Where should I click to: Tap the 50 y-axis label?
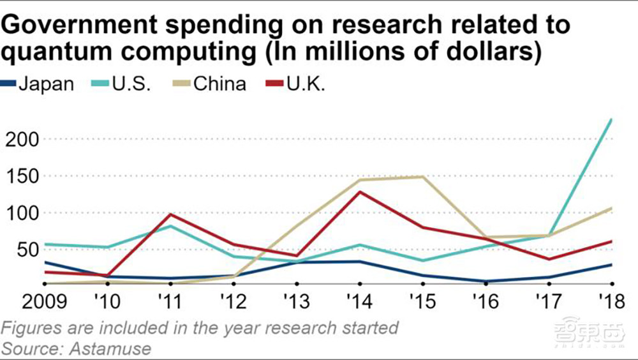(x=26, y=250)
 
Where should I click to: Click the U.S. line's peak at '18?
(x=612, y=119)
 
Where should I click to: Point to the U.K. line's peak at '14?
(x=359, y=191)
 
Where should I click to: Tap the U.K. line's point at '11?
(x=169, y=214)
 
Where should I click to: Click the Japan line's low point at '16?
(x=486, y=281)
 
